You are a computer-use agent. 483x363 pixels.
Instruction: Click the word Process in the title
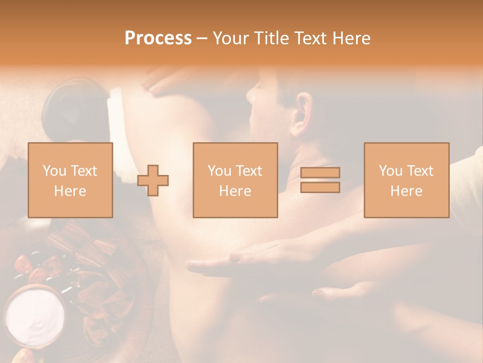(x=158, y=38)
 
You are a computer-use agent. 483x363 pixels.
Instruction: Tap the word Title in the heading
(x=270, y=38)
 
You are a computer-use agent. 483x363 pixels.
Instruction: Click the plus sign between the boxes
(x=153, y=180)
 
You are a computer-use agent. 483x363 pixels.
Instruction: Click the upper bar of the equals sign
(x=320, y=173)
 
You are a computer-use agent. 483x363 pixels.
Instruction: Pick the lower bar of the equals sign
(x=320, y=187)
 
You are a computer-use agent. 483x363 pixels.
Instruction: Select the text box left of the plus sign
(x=70, y=180)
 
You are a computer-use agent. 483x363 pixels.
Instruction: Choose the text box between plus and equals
(x=235, y=180)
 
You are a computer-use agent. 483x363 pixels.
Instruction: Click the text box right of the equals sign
(x=407, y=180)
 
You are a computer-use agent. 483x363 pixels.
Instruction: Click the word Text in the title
(x=310, y=38)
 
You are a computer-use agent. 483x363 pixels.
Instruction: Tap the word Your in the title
(x=229, y=38)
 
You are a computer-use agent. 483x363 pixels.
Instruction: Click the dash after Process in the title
(x=202, y=38)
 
